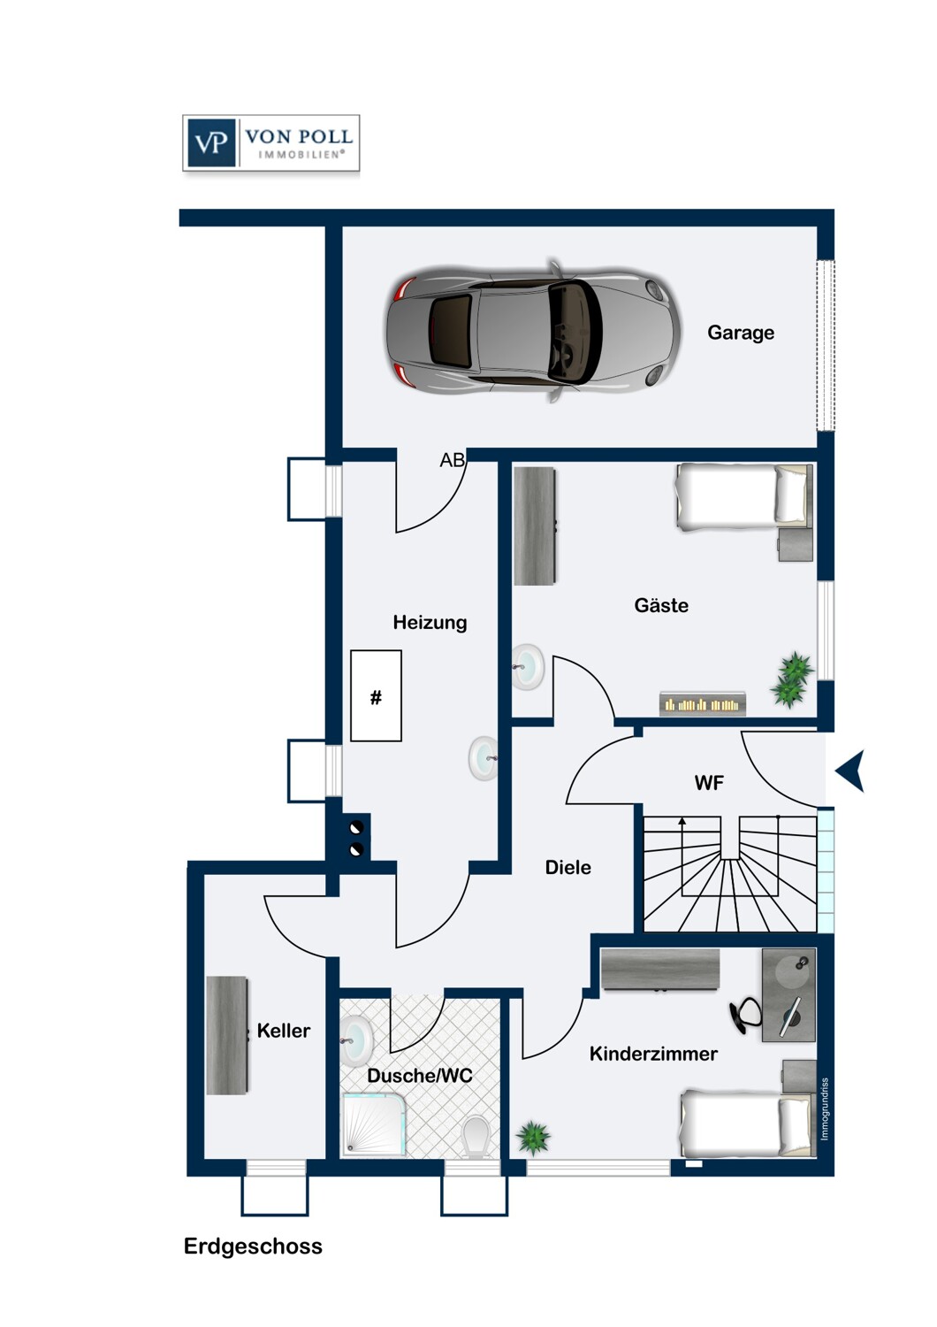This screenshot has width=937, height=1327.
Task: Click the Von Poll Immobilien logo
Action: [270, 142]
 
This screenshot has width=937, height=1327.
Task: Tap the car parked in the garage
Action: [533, 332]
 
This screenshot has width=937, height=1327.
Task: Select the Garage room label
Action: [740, 333]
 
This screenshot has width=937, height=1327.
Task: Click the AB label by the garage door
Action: [452, 460]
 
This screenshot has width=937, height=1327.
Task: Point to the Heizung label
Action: [430, 622]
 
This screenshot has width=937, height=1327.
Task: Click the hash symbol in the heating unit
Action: [376, 697]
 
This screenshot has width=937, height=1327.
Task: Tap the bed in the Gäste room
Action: [743, 496]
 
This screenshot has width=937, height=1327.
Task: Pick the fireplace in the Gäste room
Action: [703, 704]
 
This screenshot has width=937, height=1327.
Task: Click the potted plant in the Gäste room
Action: [793, 679]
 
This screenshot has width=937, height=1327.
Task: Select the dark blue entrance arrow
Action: [850, 771]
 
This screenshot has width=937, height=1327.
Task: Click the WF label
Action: [709, 783]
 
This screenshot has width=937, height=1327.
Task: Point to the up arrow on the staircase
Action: [682, 822]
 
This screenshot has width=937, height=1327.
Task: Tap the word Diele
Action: [568, 868]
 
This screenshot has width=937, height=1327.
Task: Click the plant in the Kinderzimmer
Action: [533, 1136]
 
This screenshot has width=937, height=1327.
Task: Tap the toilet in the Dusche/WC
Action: [476, 1136]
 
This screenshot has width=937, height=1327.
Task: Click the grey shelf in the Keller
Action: [226, 1035]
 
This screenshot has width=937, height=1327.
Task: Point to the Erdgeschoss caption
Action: [253, 1246]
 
